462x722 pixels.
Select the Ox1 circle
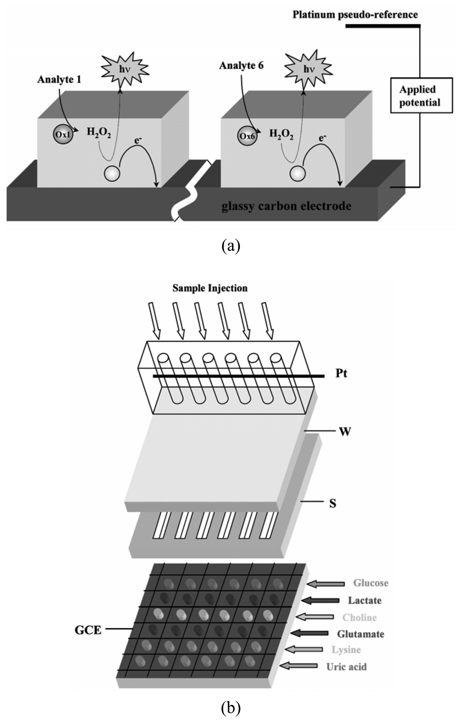63,135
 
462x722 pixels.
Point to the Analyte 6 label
241,66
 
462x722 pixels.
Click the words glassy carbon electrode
286,206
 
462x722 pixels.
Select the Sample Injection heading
210,288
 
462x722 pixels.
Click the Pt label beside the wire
341,374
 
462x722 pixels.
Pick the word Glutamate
360,634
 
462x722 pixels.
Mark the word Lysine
346,650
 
